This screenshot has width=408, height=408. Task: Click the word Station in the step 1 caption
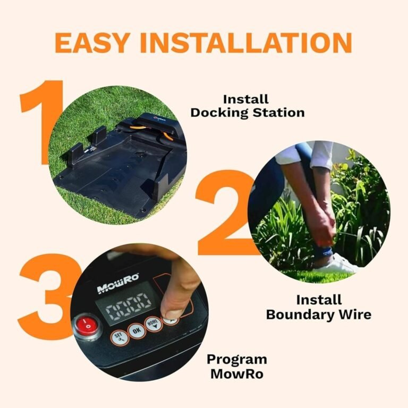[x=279, y=113]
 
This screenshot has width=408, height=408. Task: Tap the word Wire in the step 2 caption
[x=353, y=314]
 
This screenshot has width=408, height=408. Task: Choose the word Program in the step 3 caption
[x=236, y=359]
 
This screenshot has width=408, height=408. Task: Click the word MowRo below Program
[x=236, y=373]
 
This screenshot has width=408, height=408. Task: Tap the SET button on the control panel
[x=118, y=337]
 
